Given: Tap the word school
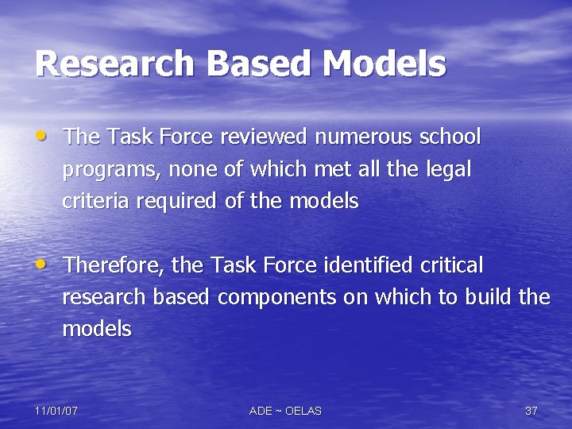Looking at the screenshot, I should click(x=450, y=137).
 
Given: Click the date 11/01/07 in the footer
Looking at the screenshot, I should click(x=56, y=411).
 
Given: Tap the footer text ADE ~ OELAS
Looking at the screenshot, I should click(x=285, y=411).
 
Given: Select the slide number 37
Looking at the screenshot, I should click(x=531, y=411).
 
